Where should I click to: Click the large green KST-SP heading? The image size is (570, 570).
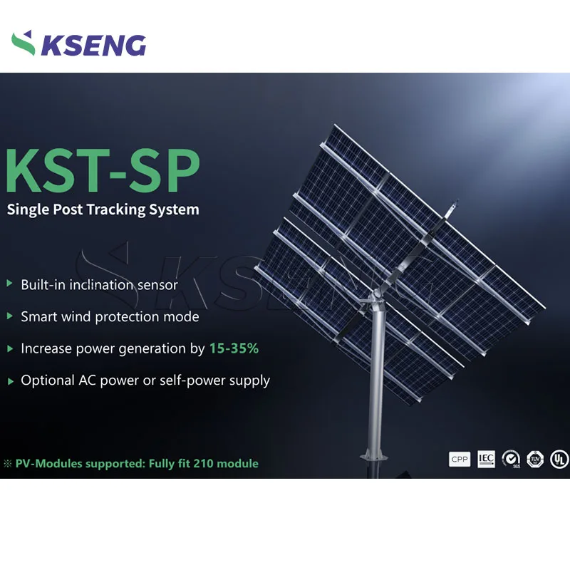tap(104, 170)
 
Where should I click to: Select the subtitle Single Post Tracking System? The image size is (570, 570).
tap(103, 209)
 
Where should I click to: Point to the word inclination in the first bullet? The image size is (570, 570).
tap(97, 284)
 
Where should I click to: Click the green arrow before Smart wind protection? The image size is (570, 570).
tap(10, 316)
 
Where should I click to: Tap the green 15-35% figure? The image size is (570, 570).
tap(234, 348)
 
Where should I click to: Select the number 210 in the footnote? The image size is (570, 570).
tap(206, 463)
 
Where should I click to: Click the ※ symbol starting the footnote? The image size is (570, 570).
tap(9, 464)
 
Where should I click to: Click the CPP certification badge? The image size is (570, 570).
tap(459, 460)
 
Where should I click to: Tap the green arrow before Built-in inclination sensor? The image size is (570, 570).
tap(10, 284)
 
